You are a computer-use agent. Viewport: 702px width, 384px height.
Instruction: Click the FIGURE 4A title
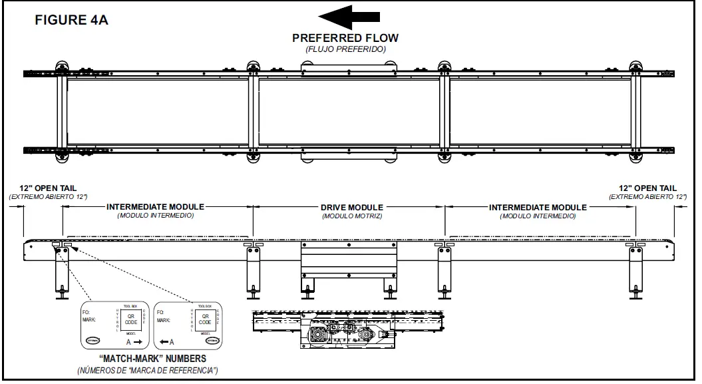coord(71,20)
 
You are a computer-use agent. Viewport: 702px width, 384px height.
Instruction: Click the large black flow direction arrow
coord(349,16)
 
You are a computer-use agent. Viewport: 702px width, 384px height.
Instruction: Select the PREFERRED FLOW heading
coord(345,38)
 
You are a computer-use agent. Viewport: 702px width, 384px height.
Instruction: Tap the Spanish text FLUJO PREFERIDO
coord(345,49)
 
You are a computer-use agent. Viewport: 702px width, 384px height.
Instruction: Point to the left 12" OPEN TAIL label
coord(48,188)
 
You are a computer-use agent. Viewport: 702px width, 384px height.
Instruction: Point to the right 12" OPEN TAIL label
coord(647,188)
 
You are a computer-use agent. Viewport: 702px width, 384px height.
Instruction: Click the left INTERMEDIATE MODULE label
coord(155,207)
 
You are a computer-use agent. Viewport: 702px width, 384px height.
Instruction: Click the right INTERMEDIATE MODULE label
coord(538,207)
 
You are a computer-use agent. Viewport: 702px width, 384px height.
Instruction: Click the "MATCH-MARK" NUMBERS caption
coord(148,359)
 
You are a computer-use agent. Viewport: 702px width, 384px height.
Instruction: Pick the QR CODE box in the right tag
coord(205,319)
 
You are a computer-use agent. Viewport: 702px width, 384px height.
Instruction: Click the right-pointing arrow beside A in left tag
coord(137,341)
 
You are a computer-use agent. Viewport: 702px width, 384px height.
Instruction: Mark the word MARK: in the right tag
coord(164,320)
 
